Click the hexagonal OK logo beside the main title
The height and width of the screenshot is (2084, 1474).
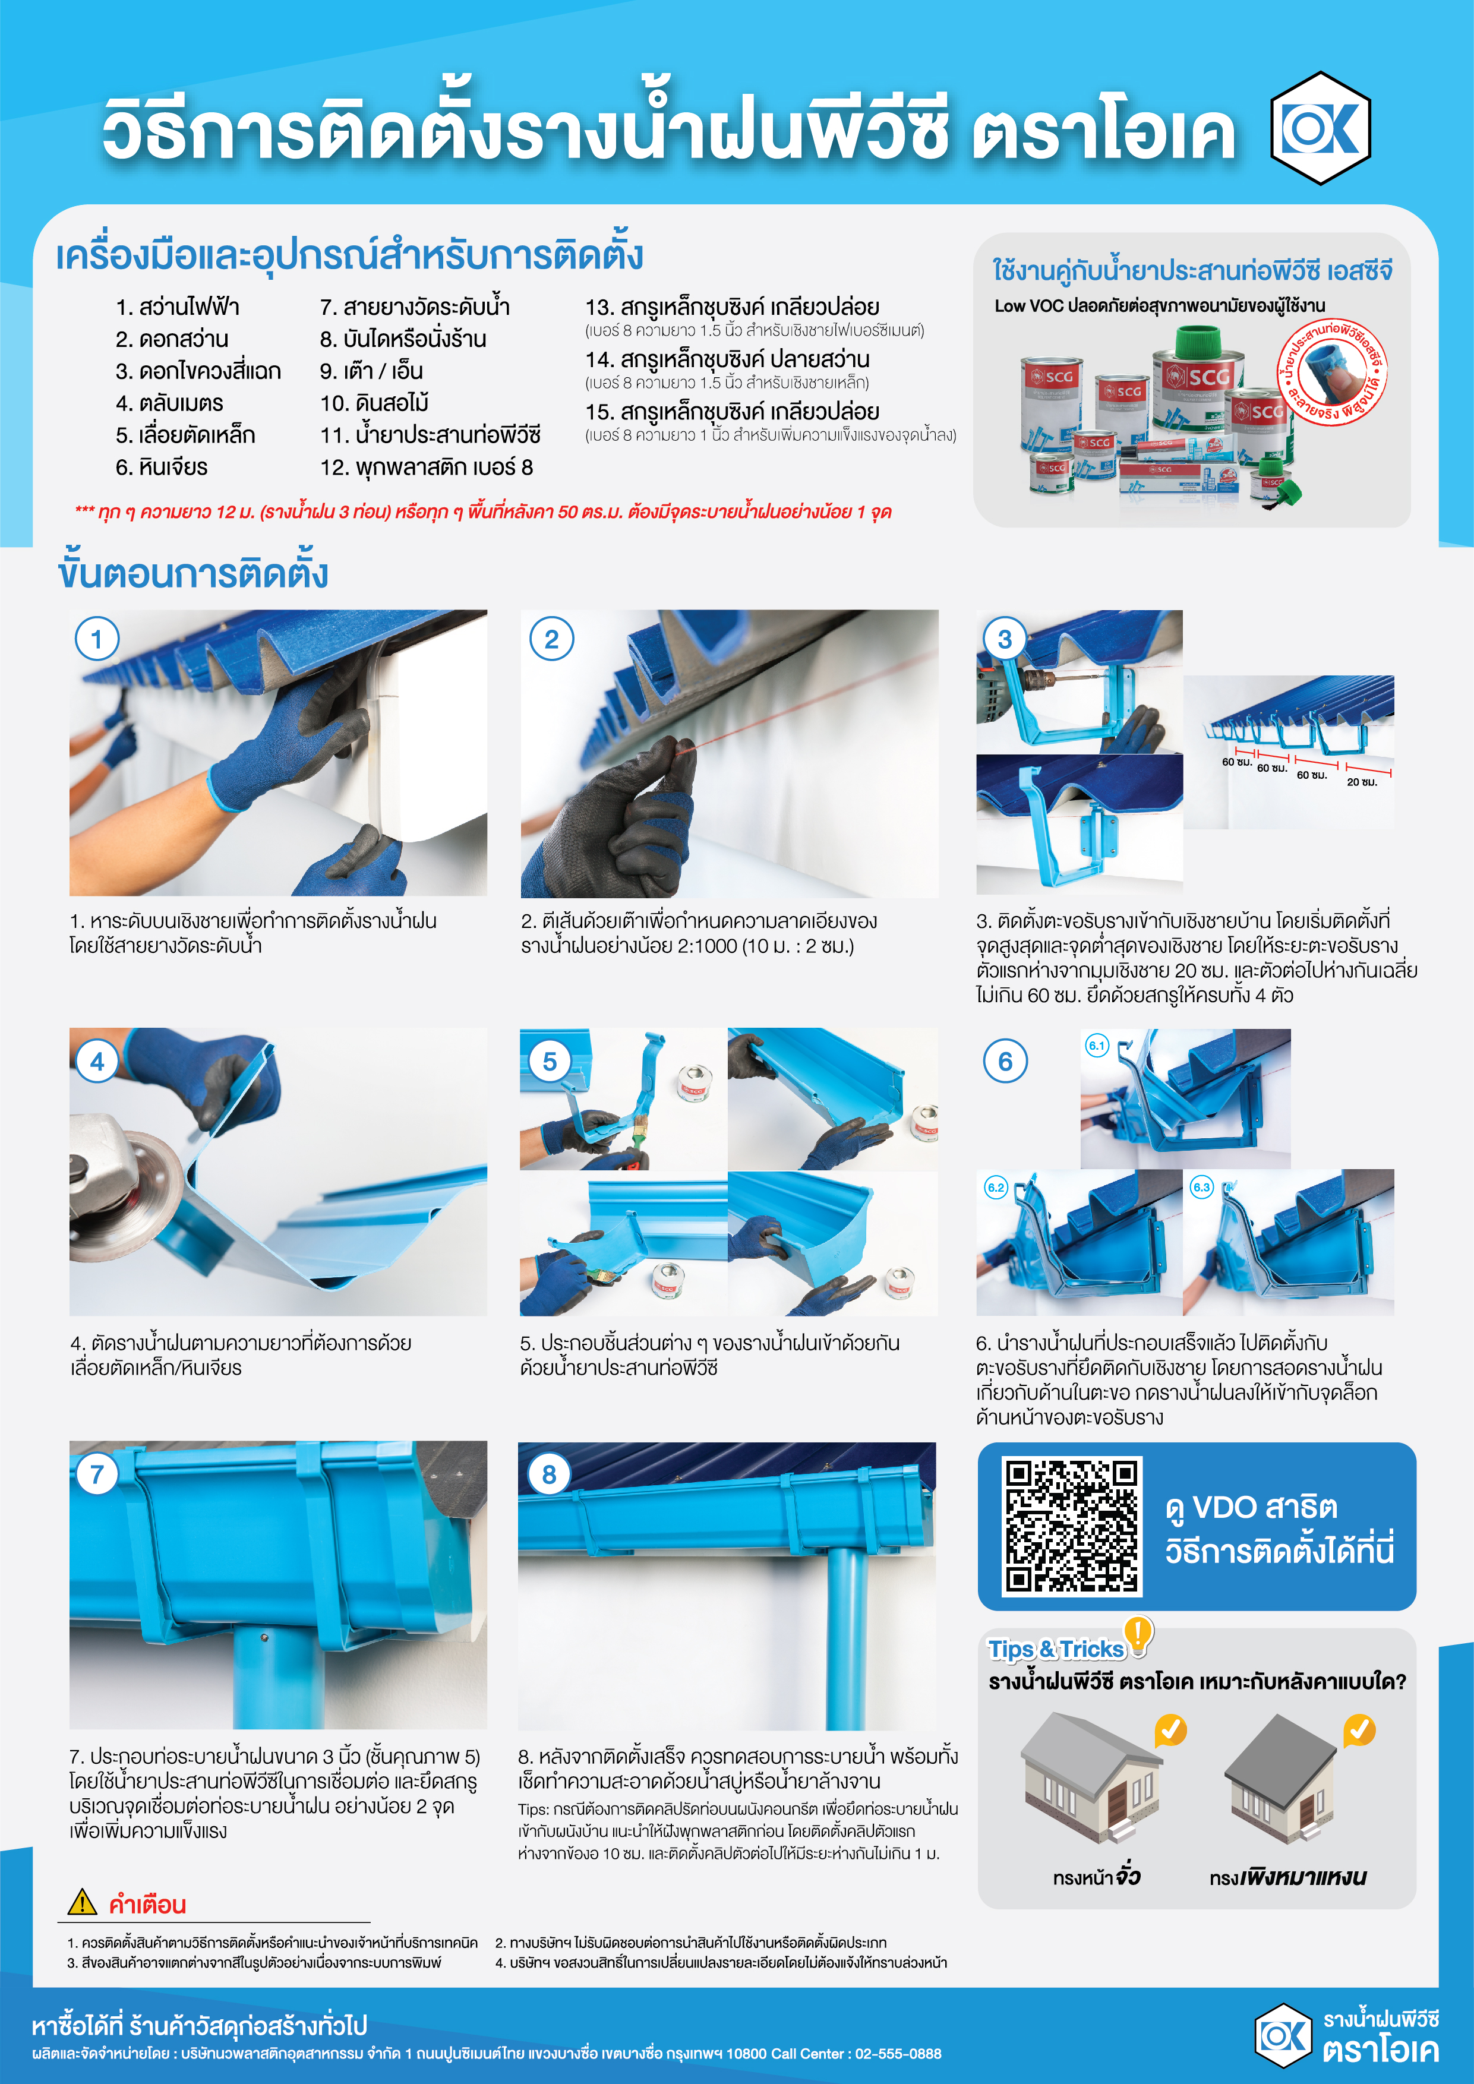tap(1321, 128)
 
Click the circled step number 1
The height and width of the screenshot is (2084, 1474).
tap(97, 639)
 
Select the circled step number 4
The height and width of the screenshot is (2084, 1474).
tap(97, 1061)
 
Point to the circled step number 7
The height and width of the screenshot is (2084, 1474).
tap(97, 1474)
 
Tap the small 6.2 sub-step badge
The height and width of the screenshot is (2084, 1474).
tap(996, 1187)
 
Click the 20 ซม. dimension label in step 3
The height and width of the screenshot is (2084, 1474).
tap(1362, 782)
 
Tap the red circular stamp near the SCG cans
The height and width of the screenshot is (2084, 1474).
tap(1333, 373)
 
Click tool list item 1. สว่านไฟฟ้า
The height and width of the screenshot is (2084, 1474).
tap(177, 307)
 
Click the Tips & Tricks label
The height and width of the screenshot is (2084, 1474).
tap(1056, 1649)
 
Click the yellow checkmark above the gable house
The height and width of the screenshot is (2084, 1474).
tap(1171, 1730)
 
